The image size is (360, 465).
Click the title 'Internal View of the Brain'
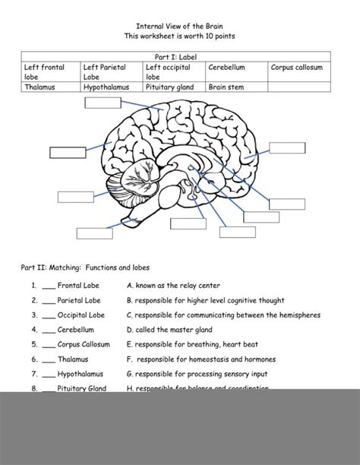coord(179,25)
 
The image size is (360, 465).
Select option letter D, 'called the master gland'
coord(130,330)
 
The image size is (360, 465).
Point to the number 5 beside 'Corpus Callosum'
coord(35,344)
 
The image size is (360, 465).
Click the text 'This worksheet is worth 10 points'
coord(179,36)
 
